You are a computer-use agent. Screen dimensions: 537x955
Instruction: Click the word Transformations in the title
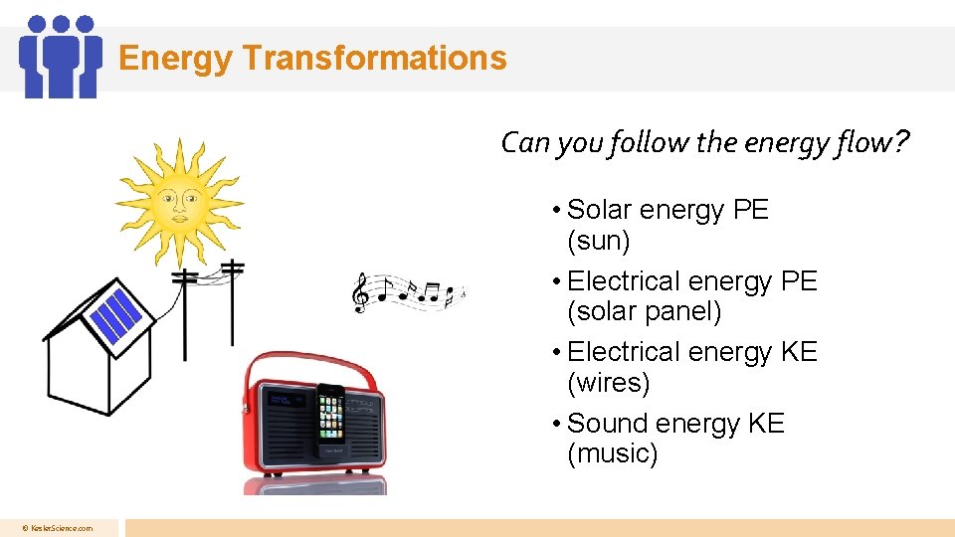(x=374, y=58)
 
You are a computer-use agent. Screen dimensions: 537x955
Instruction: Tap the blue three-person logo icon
(x=61, y=57)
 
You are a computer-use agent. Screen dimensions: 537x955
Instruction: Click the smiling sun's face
(x=181, y=202)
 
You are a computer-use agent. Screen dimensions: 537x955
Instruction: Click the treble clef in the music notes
(x=362, y=292)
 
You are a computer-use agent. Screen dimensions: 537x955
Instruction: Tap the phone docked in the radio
(x=331, y=424)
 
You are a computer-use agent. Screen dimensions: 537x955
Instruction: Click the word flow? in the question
(x=876, y=143)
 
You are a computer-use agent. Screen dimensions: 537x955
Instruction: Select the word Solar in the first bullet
(x=600, y=210)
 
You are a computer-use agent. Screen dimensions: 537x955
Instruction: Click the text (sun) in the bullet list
(x=599, y=241)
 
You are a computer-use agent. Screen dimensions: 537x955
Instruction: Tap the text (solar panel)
(x=644, y=311)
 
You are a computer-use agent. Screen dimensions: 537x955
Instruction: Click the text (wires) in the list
(x=608, y=383)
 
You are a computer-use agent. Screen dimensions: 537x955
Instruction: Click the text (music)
(x=613, y=454)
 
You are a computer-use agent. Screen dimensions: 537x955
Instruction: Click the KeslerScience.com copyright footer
(x=60, y=528)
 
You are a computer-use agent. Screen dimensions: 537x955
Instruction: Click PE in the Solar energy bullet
(x=750, y=210)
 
